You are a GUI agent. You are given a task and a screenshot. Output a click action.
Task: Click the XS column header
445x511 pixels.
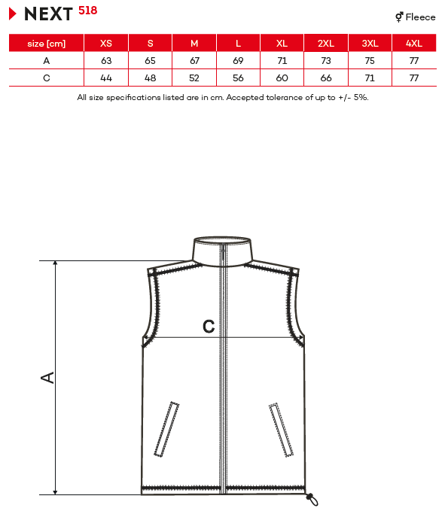point(106,44)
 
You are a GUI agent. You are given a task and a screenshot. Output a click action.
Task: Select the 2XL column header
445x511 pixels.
point(326,44)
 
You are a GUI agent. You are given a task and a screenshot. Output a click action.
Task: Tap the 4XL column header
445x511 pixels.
point(414,44)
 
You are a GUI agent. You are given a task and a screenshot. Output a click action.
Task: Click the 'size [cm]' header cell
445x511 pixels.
point(46,44)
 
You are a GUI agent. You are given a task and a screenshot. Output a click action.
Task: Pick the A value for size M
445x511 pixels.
point(194,61)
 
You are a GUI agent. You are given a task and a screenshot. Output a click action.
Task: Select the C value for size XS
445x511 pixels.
point(106,78)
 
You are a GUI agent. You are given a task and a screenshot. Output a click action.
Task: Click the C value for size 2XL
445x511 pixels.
point(326,78)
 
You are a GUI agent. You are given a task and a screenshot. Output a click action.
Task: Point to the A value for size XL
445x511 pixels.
point(282,61)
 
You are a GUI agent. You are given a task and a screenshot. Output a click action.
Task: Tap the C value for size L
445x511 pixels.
point(238,78)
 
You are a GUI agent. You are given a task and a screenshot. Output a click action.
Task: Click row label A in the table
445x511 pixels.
point(46,61)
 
